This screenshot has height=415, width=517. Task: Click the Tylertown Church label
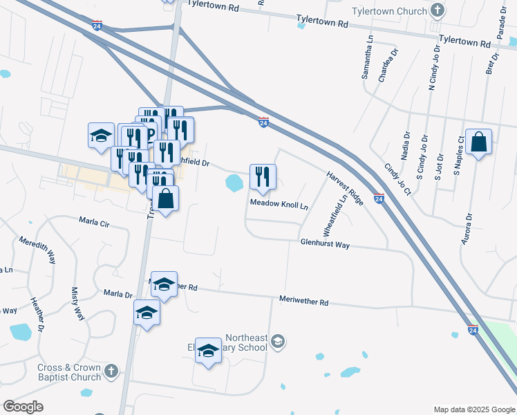click(391, 12)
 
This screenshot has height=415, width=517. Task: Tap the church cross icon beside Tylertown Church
click(437, 10)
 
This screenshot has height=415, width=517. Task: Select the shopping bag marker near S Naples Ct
click(478, 143)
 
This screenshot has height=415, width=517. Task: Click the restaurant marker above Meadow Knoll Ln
click(263, 177)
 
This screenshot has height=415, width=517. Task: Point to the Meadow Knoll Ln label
click(279, 205)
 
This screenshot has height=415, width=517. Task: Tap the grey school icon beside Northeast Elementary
click(278, 340)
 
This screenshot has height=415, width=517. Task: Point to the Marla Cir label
click(95, 224)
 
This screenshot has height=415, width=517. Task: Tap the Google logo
click(23, 407)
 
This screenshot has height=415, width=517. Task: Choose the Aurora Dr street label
click(469, 229)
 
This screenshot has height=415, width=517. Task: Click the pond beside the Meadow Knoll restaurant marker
click(234, 183)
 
